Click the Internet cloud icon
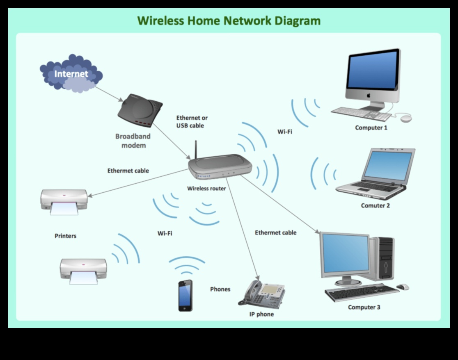71,73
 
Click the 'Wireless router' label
206,189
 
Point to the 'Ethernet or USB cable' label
192,122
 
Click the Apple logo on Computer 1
369,95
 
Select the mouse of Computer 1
406,118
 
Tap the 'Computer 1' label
371,128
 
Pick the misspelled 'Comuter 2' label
375,205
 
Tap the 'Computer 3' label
364,307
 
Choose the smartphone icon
185,295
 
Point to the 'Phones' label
220,289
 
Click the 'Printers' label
66,236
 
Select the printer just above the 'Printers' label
64,201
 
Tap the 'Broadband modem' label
133,141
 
